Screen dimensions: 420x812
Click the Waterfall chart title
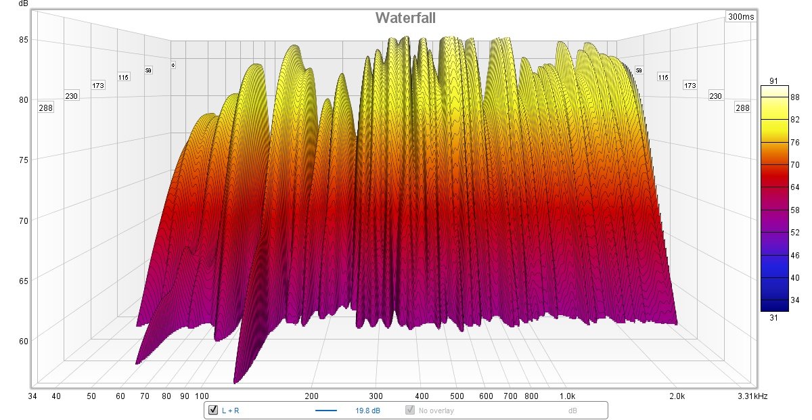coord(406,17)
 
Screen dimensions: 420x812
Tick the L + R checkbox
coord(213,410)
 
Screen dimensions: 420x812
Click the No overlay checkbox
coord(409,410)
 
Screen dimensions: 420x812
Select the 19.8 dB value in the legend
coord(367,410)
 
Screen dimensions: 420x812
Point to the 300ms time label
coord(741,16)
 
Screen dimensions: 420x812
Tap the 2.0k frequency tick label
coord(676,396)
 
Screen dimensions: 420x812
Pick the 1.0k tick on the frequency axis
coord(567,396)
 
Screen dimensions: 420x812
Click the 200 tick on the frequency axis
coord(312,396)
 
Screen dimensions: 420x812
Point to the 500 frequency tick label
coord(457,396)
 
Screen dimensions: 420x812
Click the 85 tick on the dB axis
coord(23,39)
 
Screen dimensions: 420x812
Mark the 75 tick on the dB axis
coord(23,160)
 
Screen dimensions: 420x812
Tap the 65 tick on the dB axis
coord(23,280)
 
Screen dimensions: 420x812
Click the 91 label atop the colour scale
coord(775,82)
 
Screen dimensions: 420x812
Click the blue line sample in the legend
coord(326,410)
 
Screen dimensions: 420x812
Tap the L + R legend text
coord(230,410)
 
